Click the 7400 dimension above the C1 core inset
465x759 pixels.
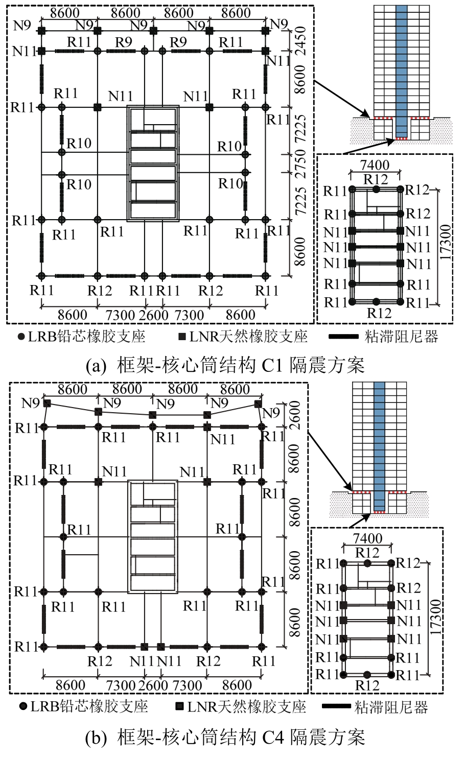tap(376, 165)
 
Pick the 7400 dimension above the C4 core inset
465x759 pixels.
tap(367, 538)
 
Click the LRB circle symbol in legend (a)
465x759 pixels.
tap(21, 337)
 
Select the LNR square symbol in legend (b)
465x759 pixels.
tap(179, 707)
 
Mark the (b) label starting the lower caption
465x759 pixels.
tap(96, 737)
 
